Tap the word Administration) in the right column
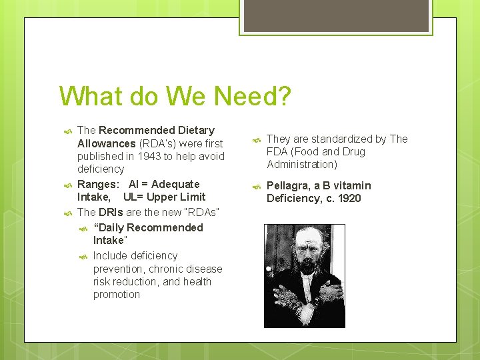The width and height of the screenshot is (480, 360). click(302, 164)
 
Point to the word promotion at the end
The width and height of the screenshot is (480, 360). click(117, 294)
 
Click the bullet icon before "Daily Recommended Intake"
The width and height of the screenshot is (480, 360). click(83, 228)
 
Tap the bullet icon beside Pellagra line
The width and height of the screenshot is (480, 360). click(254, 186)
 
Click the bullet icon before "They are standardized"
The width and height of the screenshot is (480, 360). click(254, 139)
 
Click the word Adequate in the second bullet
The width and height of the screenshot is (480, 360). click(177, 184)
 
